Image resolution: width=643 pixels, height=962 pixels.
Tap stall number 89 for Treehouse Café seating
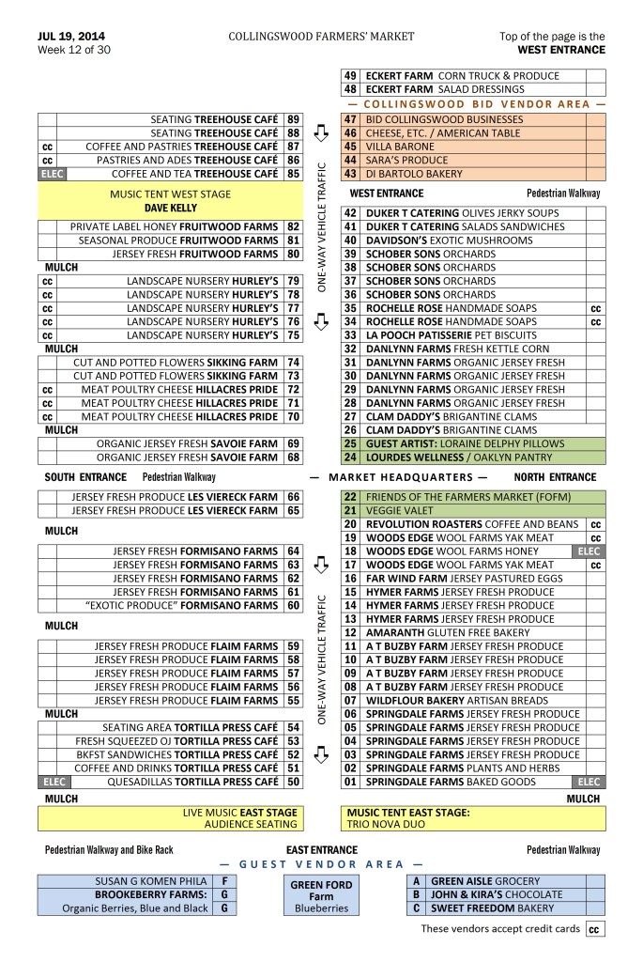coord(293,120)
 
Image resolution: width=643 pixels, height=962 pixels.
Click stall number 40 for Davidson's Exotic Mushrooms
coord(351,240)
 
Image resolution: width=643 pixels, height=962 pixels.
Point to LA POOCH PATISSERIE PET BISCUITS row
coord(464,335)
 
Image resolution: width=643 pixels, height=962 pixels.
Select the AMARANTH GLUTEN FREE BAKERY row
coord(464,633)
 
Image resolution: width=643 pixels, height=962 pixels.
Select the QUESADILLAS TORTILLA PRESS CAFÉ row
coord(170,782)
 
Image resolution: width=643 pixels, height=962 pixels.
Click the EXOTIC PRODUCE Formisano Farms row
coord(170,606)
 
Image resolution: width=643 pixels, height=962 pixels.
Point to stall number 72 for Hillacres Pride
coord(293,390)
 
